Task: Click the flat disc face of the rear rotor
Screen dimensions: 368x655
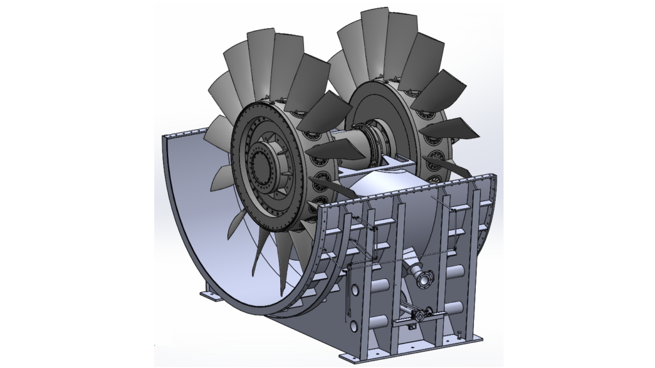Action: coord(380,115)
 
